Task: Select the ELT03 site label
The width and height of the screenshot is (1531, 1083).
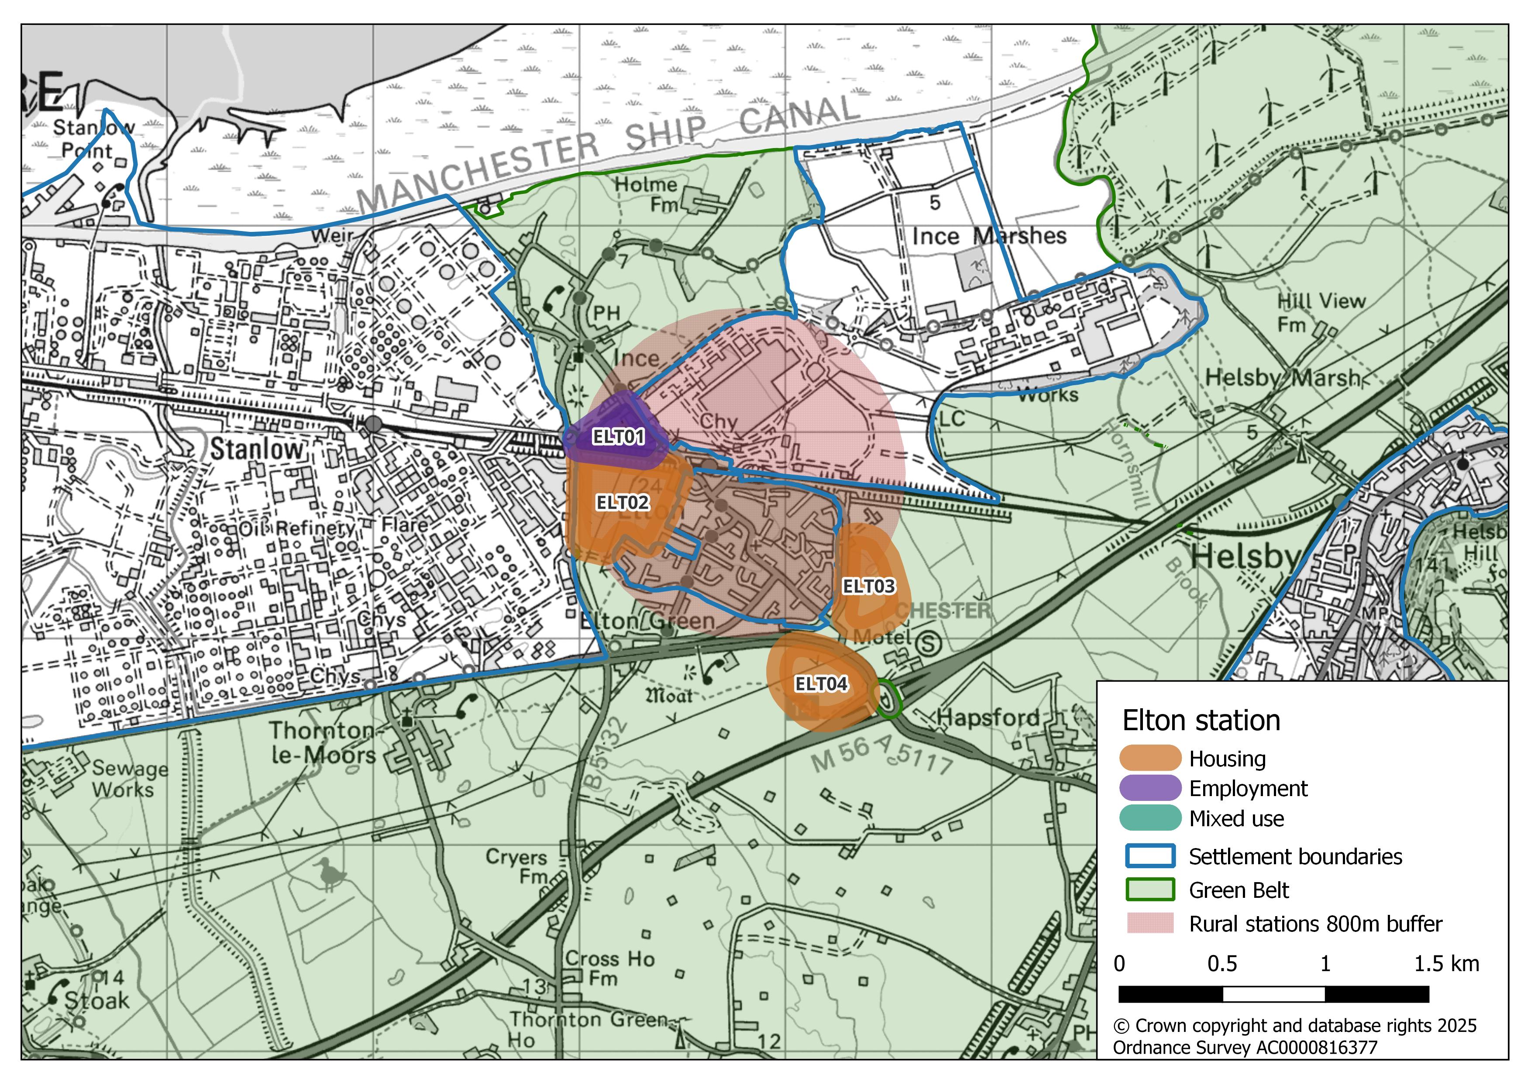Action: pos(869,586)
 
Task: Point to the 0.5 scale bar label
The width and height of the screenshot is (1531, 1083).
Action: pos(1222,964)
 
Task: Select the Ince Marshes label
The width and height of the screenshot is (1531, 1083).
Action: pos(989,236)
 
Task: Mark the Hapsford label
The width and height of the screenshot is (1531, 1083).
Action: pos(988,717)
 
